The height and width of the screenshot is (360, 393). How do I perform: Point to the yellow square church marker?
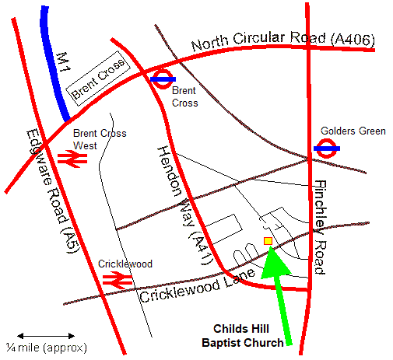tap(268, 241)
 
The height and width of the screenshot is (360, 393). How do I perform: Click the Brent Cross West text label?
tap(96, 139)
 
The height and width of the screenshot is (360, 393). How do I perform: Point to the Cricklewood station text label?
tap(125, 264)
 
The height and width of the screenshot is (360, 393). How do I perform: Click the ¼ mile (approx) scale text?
tap(46, 347)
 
